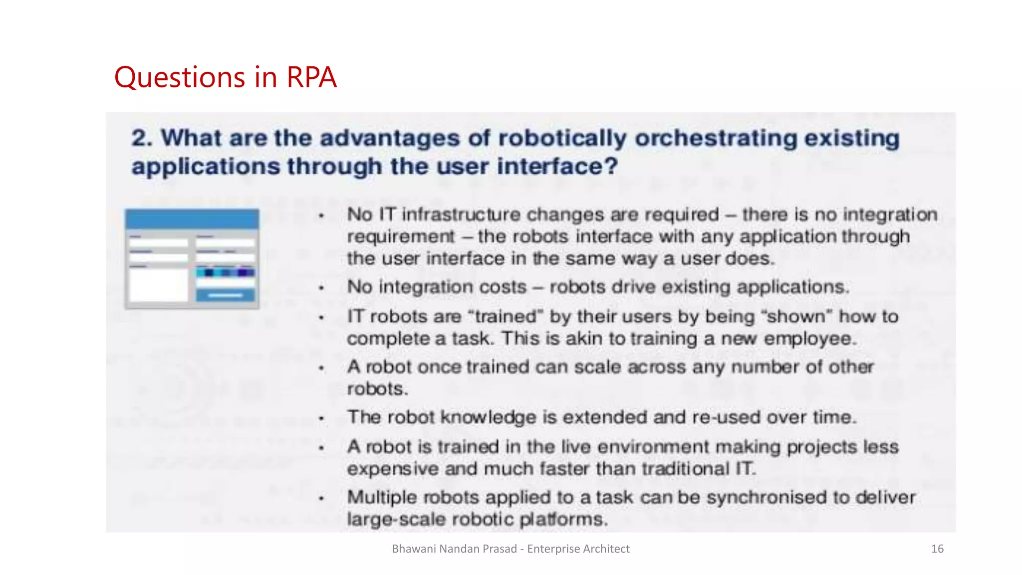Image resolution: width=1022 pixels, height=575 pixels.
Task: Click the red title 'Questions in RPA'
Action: pyautogui.click(x=225, y=77)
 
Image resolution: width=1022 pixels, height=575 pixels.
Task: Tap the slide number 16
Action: pyautogui.click(x=937, y=549)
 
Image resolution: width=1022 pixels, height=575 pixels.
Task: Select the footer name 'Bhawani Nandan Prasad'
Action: pyautogui.click(x=454, y=549)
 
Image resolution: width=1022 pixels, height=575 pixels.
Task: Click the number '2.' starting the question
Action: pyautogui.click(x=142, y=138)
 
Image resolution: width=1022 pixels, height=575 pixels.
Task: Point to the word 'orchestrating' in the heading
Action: pyautogui.click(x=715, y=138)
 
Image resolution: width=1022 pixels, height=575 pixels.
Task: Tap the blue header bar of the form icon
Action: pyautogui.click(x=192, y=219)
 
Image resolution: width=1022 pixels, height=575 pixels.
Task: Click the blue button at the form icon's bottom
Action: pyautogui.click(x=225, y=295)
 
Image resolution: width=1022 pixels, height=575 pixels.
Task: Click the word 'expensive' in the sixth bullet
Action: pyautogui.click(x=392, y=469)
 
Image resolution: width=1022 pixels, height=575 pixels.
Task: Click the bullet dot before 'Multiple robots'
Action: pyautogui.click(x=322, y=498)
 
